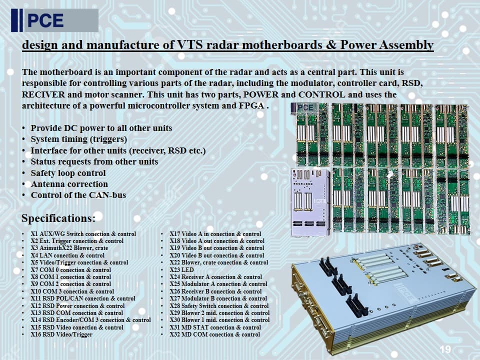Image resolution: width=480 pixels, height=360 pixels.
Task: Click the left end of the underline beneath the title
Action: coord(22,51)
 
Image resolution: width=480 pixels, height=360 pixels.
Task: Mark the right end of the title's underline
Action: coord(434,51)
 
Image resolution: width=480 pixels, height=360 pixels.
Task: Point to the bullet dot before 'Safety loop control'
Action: coord(23,173)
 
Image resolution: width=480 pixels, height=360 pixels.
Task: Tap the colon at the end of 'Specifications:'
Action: coord(93,219)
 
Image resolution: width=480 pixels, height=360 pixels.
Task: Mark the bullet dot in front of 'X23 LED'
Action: coord(162,270)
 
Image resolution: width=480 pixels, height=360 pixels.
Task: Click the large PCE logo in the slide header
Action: coord(55,20)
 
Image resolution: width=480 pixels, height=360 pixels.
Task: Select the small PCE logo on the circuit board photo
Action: coord(305,108)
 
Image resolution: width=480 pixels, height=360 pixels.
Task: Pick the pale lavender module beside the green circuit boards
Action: coord(310,202)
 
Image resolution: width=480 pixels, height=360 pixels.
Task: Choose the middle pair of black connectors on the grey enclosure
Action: coord(341,284)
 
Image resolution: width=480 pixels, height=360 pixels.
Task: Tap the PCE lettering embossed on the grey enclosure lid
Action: coord(405,293)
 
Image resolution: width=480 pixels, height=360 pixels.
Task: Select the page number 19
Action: coord(445,349)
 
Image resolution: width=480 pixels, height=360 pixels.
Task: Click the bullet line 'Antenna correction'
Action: coord(69,184)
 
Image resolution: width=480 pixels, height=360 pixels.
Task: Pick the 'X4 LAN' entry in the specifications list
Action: coord(67,255)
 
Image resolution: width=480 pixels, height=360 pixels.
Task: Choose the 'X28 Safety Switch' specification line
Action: coord(219,306)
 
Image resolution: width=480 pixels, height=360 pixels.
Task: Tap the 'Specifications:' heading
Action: coord(58,218)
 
